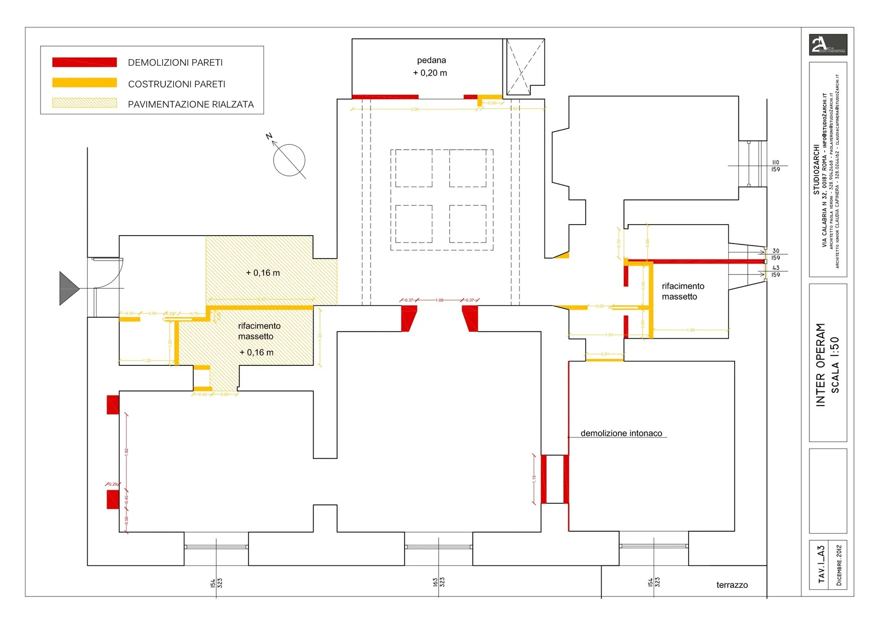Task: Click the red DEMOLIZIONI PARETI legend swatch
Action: point(84,62)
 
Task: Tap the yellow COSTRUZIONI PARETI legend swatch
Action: point(84,83)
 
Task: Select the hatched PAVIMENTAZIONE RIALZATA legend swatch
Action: point(84,103)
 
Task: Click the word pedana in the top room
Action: point(431,60)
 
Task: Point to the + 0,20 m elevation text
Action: point(430,73)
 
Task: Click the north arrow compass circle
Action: point(289,160)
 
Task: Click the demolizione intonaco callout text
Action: point(621,433)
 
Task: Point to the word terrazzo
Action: point(732,585)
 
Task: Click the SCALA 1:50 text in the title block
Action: point(834,364)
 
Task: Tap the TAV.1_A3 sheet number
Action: point(821,564)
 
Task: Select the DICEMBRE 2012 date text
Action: point(839,565)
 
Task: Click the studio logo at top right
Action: point(828,45)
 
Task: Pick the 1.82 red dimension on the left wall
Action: point(127,451)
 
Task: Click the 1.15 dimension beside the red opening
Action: point(534,479)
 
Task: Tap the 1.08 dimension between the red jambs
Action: point(439,300)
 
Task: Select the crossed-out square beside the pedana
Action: point(523,67)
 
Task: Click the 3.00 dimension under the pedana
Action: point(415,109)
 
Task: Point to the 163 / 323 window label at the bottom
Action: point(439,582)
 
